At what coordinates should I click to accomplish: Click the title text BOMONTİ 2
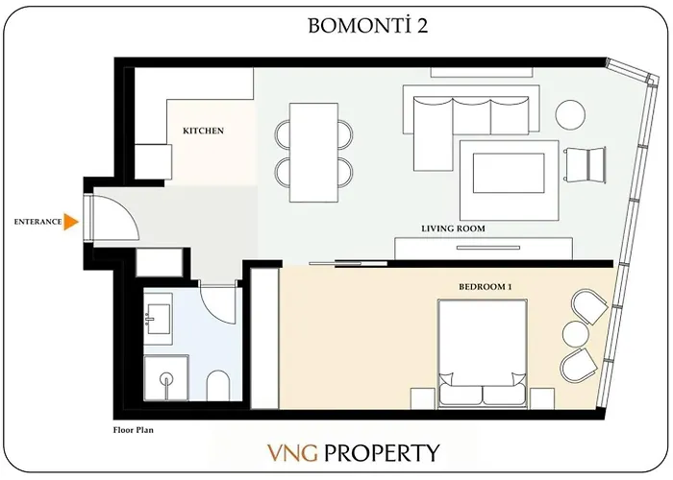[x=367, y=26]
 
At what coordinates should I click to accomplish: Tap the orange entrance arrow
[x=71, y=222]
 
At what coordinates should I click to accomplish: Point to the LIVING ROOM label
[x=453, y=228]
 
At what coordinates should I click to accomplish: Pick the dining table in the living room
[x=312, y=151]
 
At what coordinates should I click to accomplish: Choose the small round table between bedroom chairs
[x=575, y=334]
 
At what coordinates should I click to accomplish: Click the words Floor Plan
[x=135, y=430]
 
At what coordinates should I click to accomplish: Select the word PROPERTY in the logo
[x=383, y=451]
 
